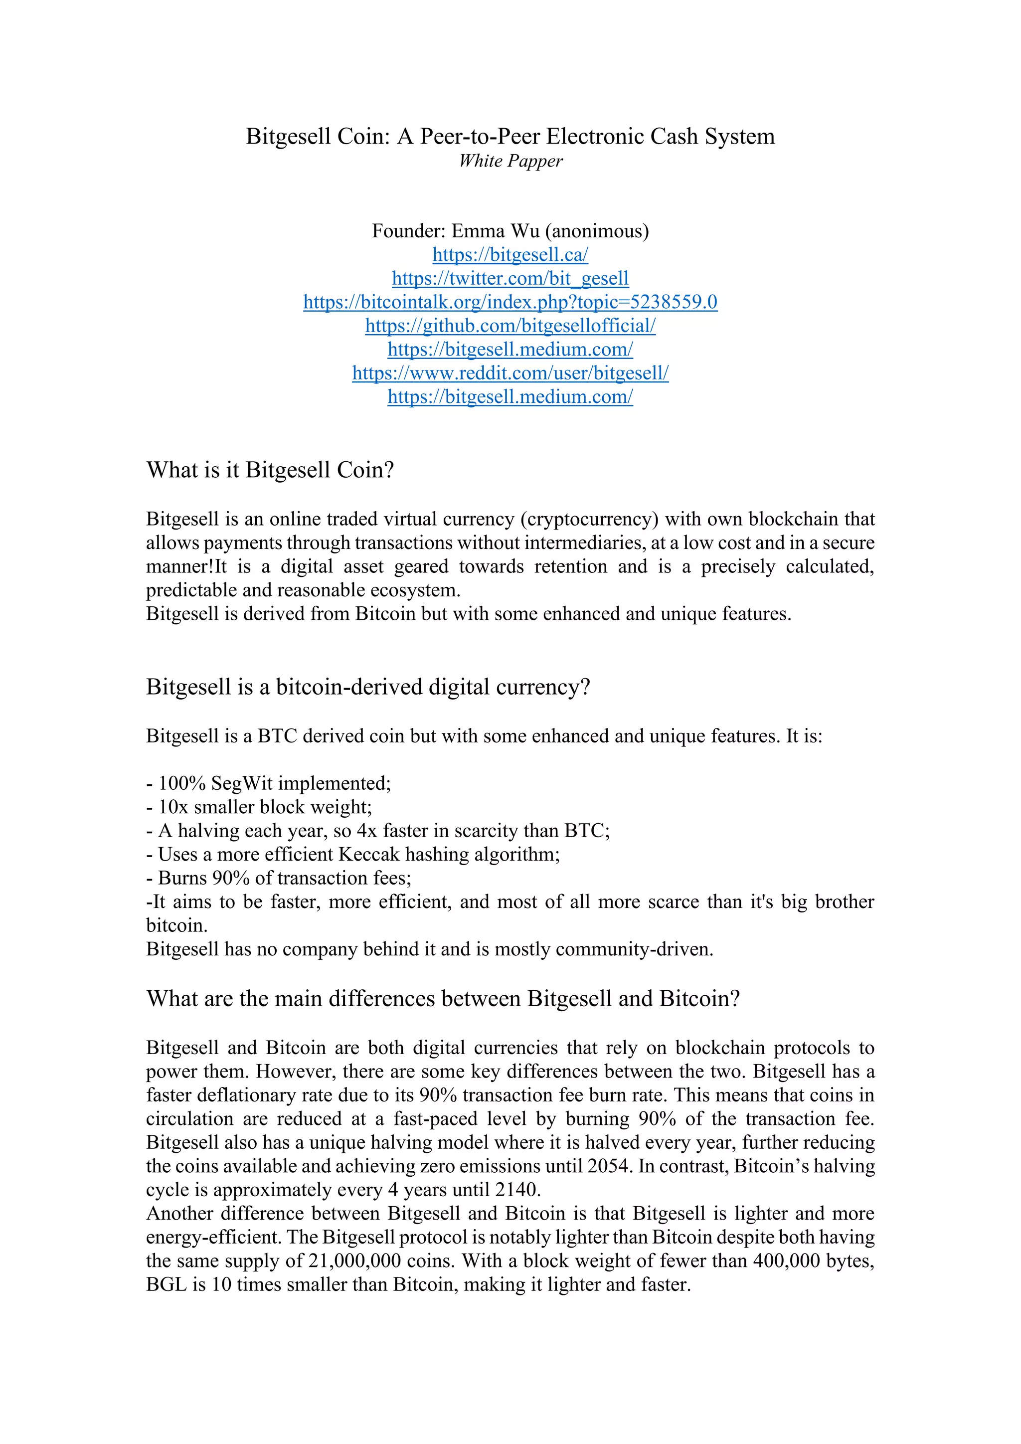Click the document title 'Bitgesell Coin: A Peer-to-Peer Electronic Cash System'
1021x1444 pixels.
[x=510, y=137]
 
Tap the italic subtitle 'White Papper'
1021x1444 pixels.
[x=510, y=161]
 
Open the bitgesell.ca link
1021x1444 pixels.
[x=510, y=255]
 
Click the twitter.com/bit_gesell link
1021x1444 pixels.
[x=510, y=278]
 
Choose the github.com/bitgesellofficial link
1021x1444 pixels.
[x=510, y=326]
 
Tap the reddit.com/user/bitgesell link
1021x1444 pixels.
[x=510, y=373]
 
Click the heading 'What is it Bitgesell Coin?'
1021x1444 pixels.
[x=270, y=470]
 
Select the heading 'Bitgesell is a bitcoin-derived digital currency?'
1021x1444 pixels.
[x=368, y=687]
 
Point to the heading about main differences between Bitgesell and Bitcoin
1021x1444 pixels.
[x=443, y=999]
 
